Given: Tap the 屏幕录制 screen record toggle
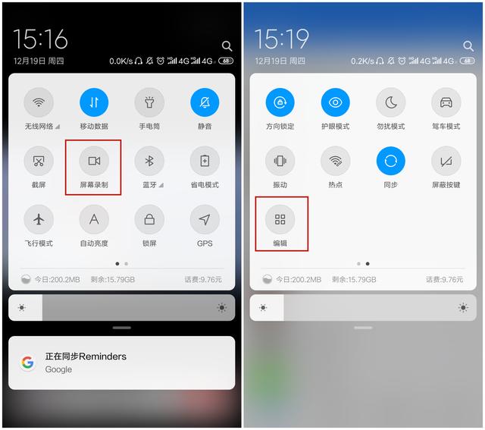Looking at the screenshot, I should (x=94, y=161).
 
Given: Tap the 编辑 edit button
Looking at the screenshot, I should (x=280, y=220).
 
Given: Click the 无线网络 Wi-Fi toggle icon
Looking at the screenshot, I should (x=39, y=102).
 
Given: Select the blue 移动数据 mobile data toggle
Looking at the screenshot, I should (x=94, y=102).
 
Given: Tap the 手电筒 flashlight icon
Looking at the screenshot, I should (x=149, y=102).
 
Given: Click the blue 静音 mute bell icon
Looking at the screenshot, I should (x=205, y=102).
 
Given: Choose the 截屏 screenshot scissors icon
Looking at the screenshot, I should (x=39, y=161).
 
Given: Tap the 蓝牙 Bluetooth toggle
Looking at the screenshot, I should (x=149, y=161).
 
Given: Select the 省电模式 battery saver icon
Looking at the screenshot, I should (x=205, y=161).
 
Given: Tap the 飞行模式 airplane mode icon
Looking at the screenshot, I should (x=39, y=219).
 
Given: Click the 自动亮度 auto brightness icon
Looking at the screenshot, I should (x=94, y=219).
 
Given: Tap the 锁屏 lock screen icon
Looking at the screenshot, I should (x=149, y=219).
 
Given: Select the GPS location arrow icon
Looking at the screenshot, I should (x=205, y=219).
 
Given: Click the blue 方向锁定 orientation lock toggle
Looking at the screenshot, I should (x=280, y=102).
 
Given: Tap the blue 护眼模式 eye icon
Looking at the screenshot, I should (x=335, y=102).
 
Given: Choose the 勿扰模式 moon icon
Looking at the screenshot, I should (x=391, y=102).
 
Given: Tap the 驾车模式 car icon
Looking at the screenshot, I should (x=446, y=102).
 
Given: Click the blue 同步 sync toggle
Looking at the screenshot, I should (x=391, y=161).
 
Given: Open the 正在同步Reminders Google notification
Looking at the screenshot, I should (x=121, y=363).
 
